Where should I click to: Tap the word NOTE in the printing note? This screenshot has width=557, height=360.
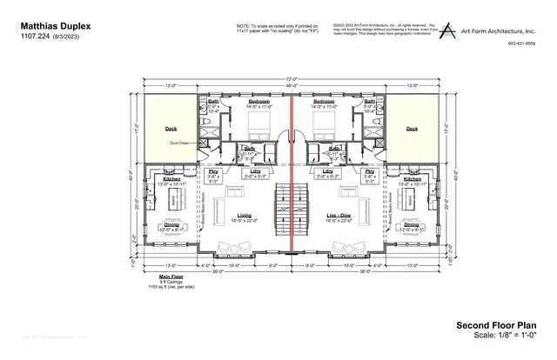click(243, 26)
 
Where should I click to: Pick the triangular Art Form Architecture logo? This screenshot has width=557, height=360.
click(447, 30)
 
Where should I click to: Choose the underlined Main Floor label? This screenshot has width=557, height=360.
click(171, 277)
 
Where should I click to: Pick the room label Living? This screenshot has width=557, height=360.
click(245, 214)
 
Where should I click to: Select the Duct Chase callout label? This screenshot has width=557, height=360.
click(179, 143)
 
